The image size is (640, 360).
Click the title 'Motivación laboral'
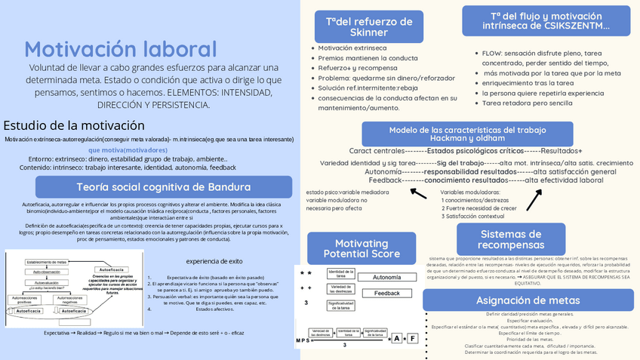pyautogui.click(x=121, y=50)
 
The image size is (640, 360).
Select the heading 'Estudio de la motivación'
pyautogui.click(x=74, y=125)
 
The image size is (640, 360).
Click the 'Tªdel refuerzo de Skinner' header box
pyautogui.click(x=358, y=26)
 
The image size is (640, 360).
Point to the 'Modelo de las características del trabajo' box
pyautogui.click(x=468, y=134)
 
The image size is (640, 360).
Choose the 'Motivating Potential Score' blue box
pyautogui.click(x=357, y=248)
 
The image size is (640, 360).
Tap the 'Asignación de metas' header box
pyautogui.click(x=517, y=301)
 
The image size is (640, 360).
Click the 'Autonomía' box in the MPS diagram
pyautogui.click(x=381, y=278)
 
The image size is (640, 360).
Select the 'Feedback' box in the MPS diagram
pyautogui.click(x=386, y=293)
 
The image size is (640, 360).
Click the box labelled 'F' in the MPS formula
pyautogui.click(x=412, y=338)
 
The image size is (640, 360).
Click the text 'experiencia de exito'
pyautogui.click(x=215, y=261)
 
